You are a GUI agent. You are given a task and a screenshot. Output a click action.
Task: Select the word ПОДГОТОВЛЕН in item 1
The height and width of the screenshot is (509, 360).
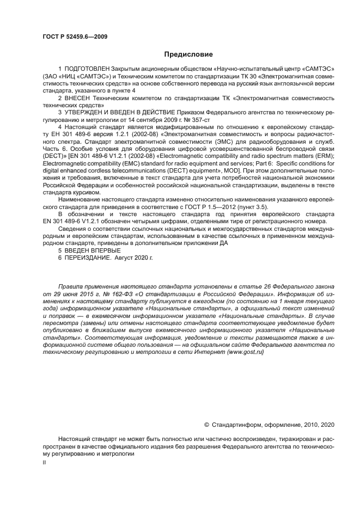[x=87, y=70]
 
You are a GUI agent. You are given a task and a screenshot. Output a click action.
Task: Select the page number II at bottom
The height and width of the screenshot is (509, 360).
[x=45, y=462]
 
